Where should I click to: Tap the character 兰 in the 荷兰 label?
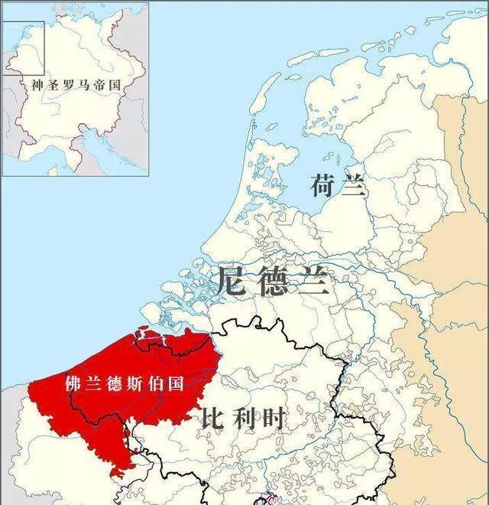point(353,186)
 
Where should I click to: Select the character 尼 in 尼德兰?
point(232,281)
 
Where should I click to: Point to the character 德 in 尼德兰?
point(273,281)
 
